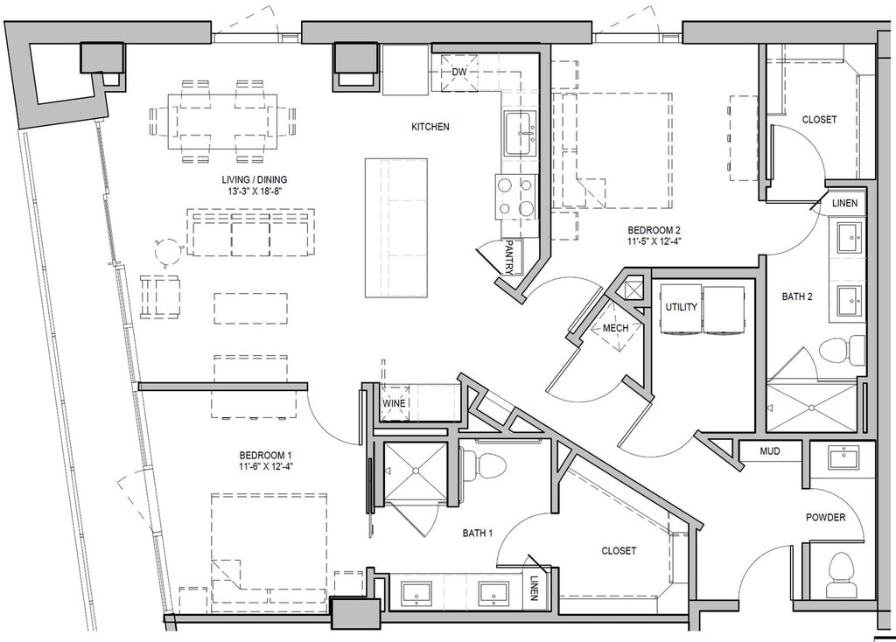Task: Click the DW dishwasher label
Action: (x=458, y=73)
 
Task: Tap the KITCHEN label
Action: (x=430, y=127)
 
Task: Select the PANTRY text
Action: (x=508, y=257)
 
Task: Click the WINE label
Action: (x=394, y=403)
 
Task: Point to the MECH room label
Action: (x=615, y=328)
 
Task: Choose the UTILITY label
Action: (x=681, y=307)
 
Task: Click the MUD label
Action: (x=770, y=451)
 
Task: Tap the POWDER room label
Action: (x=825, y=518)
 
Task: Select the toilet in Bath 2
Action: (x=843, y=350)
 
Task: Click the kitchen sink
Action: (x=520, y=134)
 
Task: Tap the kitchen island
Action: (x=396, y=228)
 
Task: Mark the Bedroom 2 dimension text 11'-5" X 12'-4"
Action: (x=654, y=241)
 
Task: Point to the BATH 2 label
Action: (x=797, y=297)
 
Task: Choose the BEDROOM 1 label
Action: (x=266, y=455)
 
